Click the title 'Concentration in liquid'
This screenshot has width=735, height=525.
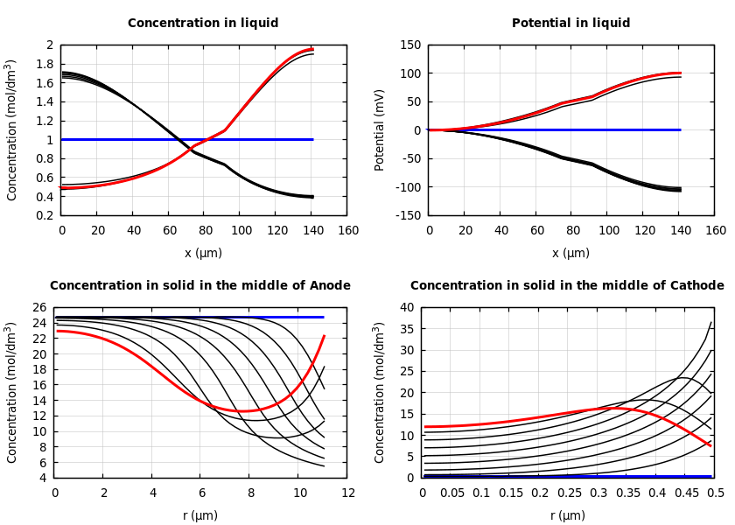[203, 24]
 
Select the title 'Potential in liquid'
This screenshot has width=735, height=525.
[570, 24]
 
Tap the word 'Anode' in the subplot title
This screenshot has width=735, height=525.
[325, 286]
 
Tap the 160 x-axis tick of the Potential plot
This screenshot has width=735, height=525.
[716, 230]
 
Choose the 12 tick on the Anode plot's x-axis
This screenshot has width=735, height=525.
[348, 493]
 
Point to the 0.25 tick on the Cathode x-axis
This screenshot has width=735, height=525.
[570, 493]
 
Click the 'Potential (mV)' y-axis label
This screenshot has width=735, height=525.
[380, 129]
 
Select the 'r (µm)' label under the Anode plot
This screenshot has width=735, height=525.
[201, 515]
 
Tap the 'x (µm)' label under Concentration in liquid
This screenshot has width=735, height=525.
[203, 253]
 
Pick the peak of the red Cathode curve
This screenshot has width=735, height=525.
[612, 408]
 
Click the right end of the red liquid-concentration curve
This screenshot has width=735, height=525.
[312, 49]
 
